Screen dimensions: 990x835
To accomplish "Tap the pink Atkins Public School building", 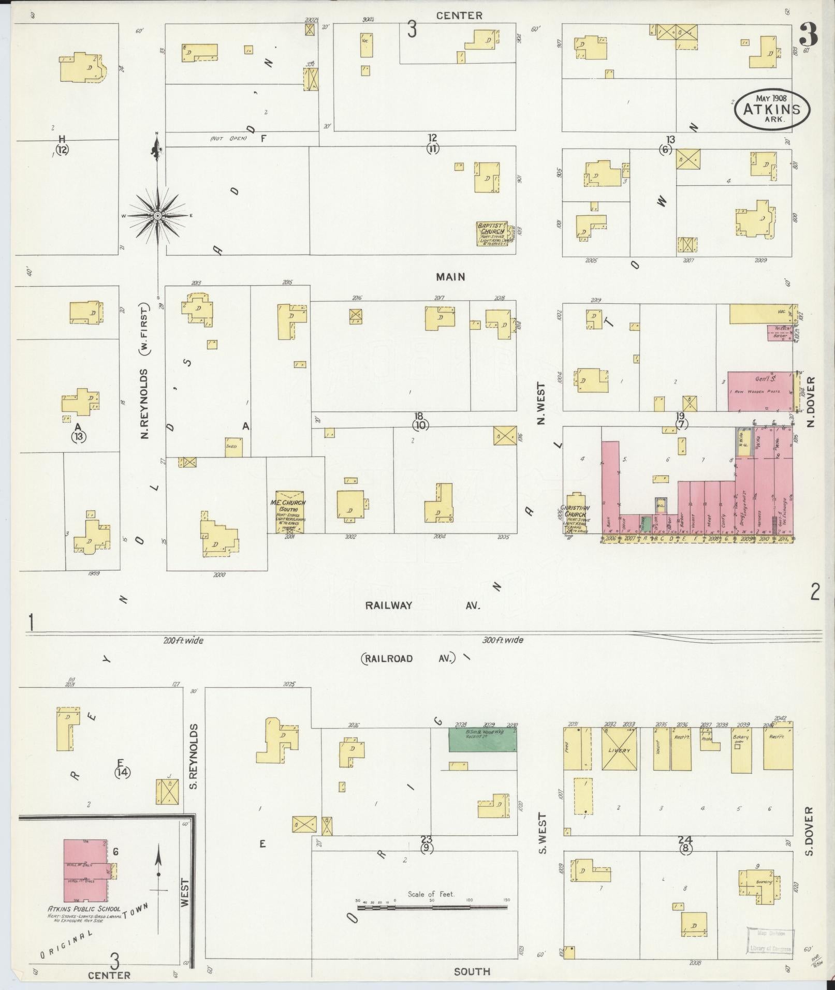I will [86, 870].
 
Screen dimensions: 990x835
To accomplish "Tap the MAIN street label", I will [450, 277].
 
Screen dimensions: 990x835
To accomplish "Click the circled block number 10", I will [419, 425].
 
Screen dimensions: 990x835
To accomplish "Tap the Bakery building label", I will [740, 737].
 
